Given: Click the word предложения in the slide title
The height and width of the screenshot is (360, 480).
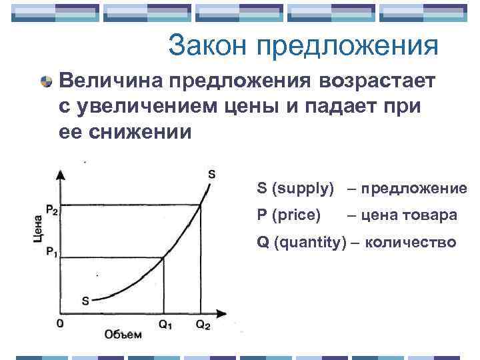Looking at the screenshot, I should [x=346, y=47].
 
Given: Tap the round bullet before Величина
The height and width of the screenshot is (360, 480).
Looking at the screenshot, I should [x=46, y=83].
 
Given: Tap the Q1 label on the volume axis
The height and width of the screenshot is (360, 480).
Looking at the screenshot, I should [x=164, y=325].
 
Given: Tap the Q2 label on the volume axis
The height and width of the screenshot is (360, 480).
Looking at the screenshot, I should [x=202, y=325].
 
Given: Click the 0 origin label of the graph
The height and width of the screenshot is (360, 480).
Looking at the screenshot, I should [x=61, y=324].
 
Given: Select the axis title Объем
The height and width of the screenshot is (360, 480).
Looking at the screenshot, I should [x=123, y=334].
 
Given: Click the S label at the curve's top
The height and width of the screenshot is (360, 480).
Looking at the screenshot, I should [x=211, y=175].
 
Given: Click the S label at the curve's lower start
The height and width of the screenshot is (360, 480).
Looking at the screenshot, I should [x=85, y=300].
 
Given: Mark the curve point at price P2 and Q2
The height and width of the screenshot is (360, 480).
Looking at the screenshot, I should [x=201, y=205].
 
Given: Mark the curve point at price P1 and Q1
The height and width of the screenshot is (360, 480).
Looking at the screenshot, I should [x=163, y=257].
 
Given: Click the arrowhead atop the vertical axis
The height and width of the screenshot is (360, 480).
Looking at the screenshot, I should [x=61, y=174].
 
